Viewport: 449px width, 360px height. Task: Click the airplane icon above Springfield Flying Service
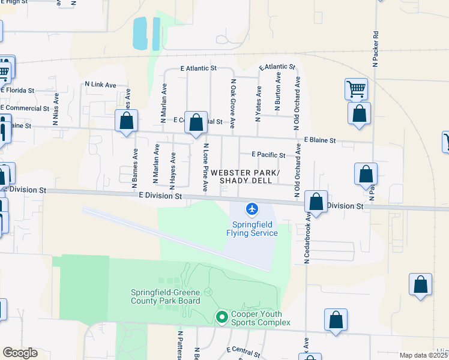252,209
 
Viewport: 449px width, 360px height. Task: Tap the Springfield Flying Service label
252,229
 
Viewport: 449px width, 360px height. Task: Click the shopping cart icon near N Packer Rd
356,89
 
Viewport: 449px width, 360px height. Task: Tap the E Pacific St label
268,155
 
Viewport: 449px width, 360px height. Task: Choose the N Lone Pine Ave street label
205,168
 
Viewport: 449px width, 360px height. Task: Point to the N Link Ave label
100,85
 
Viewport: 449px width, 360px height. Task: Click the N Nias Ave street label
56,108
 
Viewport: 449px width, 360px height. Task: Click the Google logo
20,353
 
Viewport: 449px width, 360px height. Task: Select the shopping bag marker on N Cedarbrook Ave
316,203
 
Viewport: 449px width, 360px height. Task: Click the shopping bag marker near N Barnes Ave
127,121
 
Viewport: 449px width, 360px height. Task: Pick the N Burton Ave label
278,91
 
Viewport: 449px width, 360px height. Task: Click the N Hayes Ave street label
173,167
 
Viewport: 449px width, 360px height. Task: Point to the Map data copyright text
424,355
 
